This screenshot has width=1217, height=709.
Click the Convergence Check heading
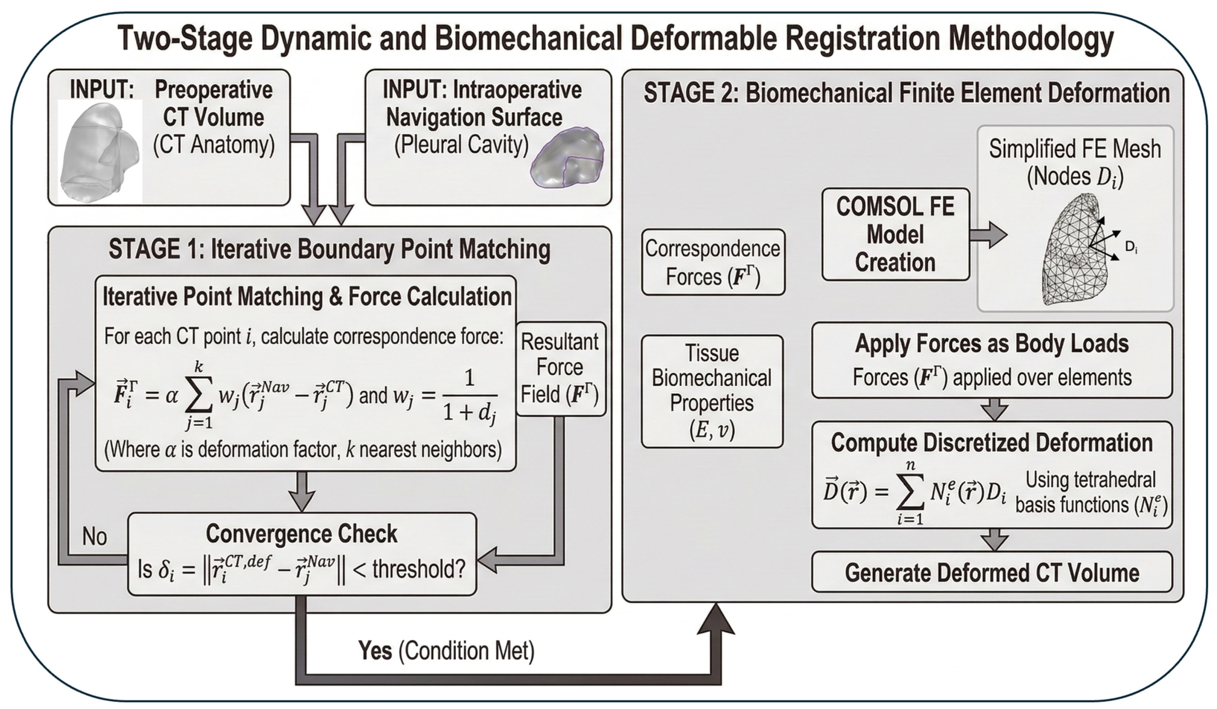(x=301, y=534)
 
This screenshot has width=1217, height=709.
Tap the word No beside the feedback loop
(x=94, y=537)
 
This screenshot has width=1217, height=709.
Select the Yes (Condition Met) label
(x=446, y=651)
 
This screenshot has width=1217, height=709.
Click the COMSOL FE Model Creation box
(x=896, y=235)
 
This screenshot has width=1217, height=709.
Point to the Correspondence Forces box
(x=713, y=262)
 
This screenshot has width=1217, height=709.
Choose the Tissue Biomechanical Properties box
(x=712, y=391)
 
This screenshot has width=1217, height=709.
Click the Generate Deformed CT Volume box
(x=992, y=572)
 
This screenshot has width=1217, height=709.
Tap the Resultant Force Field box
(x=560, y=369)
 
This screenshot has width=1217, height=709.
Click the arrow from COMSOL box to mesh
(x=989, y=235)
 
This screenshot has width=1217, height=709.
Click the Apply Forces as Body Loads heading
(x=992, y=344)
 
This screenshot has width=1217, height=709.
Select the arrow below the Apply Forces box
(x=995, y=410)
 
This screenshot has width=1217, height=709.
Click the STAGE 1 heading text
(x=330, y=249)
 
